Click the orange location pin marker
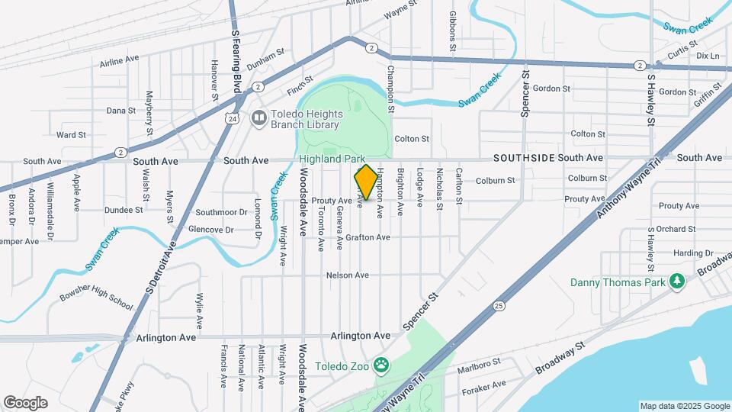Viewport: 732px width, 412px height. pos(366,183)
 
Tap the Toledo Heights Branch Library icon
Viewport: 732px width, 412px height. pos(258,118)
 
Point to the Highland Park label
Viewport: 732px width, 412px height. pos(332,159)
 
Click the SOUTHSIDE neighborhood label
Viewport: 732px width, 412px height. pos(523,158)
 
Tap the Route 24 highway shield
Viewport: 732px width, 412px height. pos(231,118)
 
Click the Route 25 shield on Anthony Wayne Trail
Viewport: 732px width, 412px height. pos(498,305)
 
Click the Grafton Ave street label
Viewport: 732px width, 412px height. pos(368,237)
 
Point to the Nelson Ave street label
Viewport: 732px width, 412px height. pos(347,275)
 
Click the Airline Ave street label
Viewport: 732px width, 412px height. pos(120,59)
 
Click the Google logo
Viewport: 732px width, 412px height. pos(25,402)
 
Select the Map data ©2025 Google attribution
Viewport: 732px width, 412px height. pos(684,406)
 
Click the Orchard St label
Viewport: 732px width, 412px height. pos(673,229)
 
